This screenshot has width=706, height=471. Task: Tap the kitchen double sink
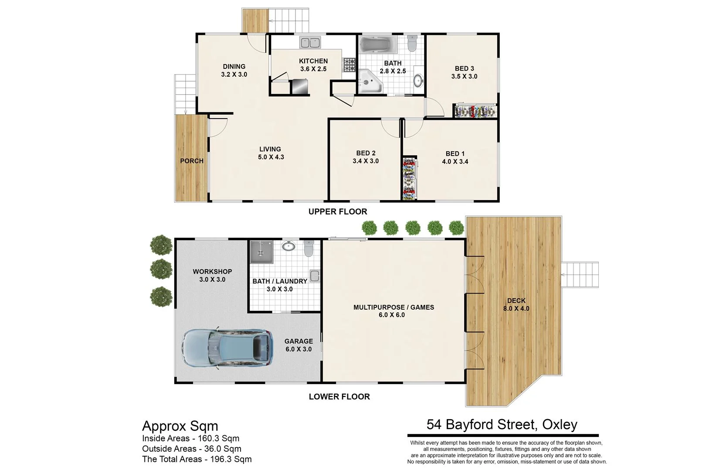(x=310, y=43)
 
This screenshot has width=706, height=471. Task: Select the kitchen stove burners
(x=349, y=65)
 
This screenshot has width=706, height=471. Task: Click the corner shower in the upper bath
(x=370, y=82)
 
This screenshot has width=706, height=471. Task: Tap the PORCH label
(x=192, y=161)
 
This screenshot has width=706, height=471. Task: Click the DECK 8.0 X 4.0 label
(x=516, y=304)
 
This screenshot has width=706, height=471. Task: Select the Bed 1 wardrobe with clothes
(x=409, y=179)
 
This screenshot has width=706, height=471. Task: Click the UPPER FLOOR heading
(x=338, y=212)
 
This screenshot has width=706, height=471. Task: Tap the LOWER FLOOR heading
(x=339, y=397)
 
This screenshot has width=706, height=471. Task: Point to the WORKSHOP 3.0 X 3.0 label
(x=212, y=275)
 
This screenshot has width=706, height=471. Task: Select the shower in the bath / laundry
(x=261, y=252)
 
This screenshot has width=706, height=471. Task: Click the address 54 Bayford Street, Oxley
(x=502, y=424)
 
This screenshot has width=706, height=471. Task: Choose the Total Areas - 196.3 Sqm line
(x=197, y=459)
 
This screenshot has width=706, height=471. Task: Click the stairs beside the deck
(x=580, y=274)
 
